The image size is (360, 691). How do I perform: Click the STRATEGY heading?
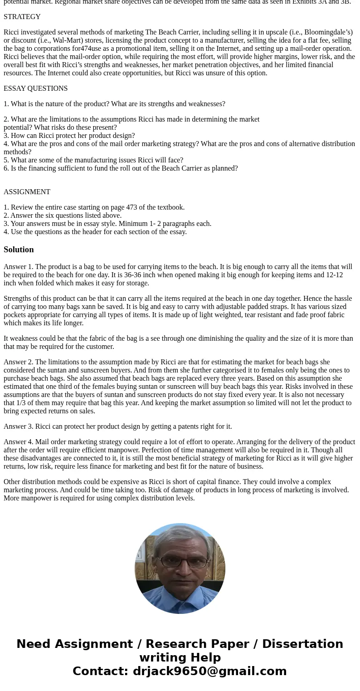pyautogui.click(x=22, y=17)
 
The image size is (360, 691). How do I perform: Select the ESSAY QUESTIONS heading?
pyautogui.click(x=35, y=88)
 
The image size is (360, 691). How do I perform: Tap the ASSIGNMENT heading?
pyautogui.click(x=27, y=192)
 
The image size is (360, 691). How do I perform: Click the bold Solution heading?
pyautogui.click(x=19, y=250)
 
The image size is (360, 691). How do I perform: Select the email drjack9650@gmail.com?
pyautogui.click(x=209, y=671)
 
